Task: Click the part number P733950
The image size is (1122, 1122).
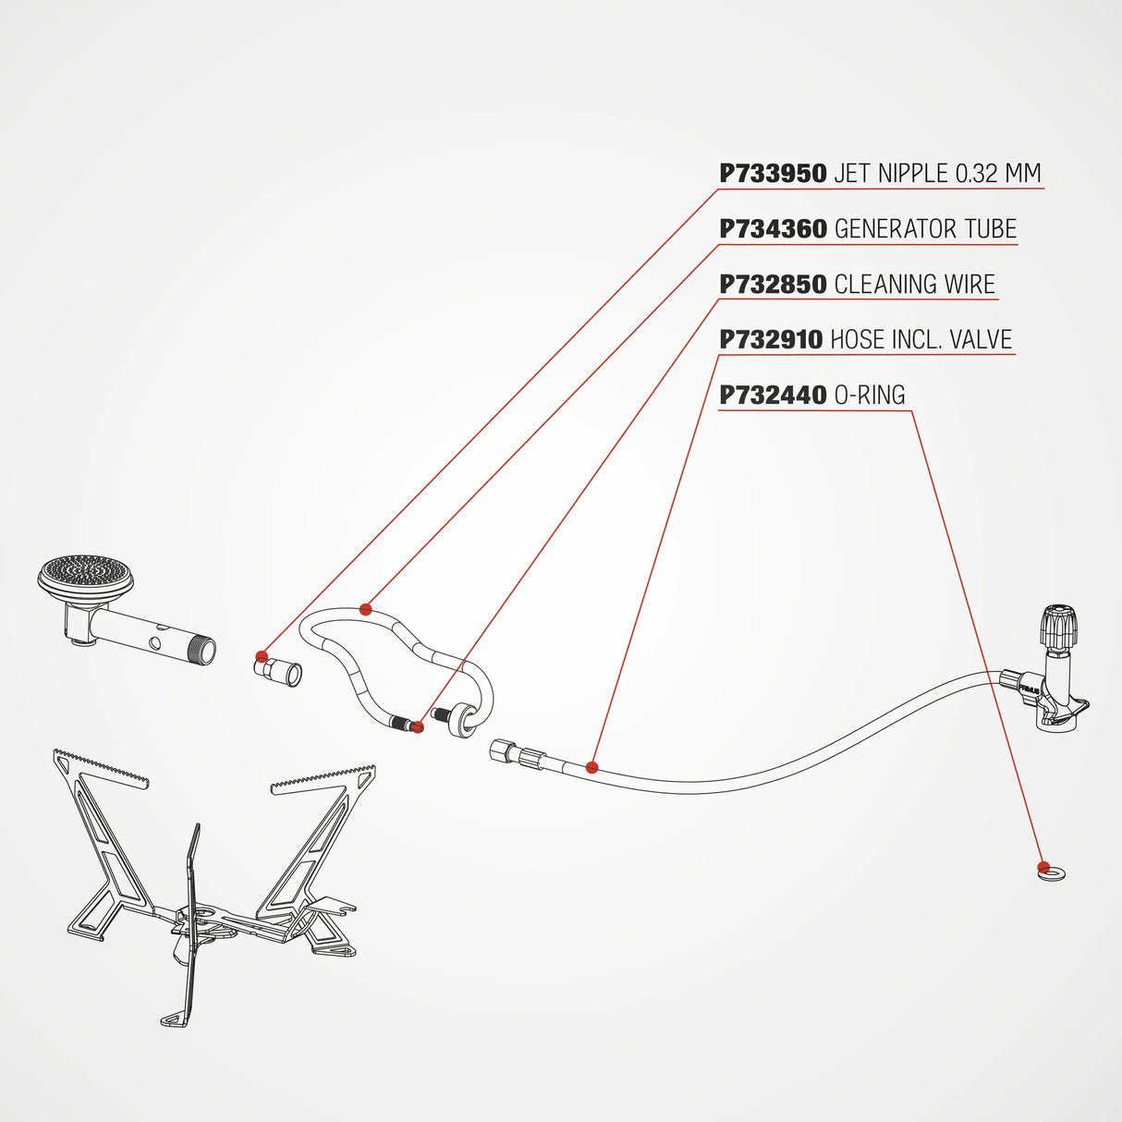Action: coord(773,174)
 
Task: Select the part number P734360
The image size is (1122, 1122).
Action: coord(773,229)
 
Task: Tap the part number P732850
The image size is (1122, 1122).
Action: coord(773,285)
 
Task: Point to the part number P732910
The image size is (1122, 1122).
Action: coord(771,340)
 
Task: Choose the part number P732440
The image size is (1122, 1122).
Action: coord(773,396)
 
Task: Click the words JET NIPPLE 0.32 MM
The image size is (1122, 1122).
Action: coord(937,174)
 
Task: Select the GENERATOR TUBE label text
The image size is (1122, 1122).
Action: coord(925,229)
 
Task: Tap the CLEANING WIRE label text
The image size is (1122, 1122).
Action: coord(914,285)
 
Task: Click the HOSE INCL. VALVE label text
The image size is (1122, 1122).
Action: coord(921,340)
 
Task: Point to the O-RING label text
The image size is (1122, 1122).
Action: coord(870,396)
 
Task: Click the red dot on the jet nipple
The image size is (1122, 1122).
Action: coord(262,657)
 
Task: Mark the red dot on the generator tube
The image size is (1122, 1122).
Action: coord(366,609)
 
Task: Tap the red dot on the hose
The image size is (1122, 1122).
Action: coord(592,767)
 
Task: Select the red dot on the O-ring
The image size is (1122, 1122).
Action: coord(1043,867)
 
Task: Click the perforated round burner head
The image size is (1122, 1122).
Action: coord(85,574)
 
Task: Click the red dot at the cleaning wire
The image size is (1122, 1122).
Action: coord(418,727)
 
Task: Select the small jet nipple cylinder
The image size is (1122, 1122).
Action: coord(279,672)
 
